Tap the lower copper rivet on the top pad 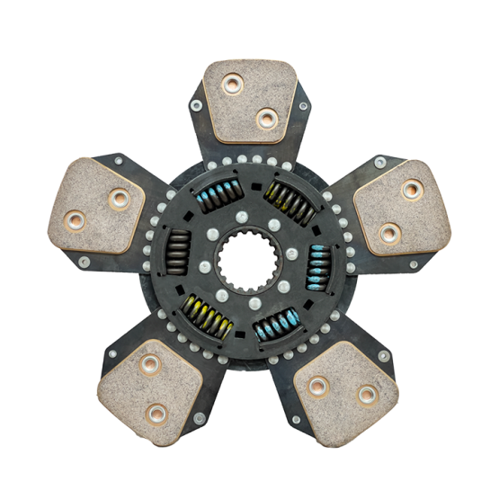coord(265,118)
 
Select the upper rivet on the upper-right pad coord(412,190)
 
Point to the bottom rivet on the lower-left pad coord(157,414)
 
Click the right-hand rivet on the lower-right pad coord(367,395)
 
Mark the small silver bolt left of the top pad coord(196,105)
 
